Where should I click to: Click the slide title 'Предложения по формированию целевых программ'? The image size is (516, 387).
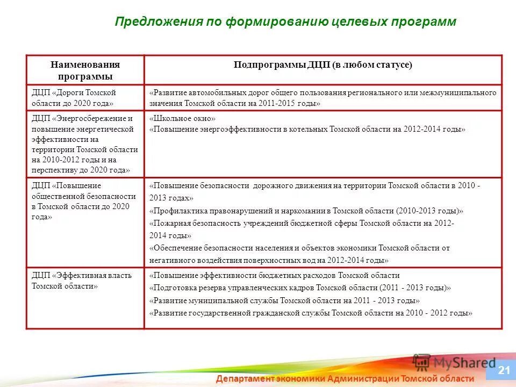pyautogui.click(x=285, y=21)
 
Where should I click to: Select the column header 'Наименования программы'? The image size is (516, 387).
pyautogui.click(x=85, y=70)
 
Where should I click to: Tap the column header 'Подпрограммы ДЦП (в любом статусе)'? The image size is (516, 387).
pyautogui.click(x=322, y=64)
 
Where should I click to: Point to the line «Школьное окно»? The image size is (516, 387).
pyautogui.click(x=183, y=118)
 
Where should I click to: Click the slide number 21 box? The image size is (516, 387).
pyautogui.click(x=504, y=370)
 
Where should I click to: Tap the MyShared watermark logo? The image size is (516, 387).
pyautogui.click(x=454, y=362)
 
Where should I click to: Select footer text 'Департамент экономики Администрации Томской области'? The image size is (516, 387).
pyautogui.click(x=345, y=378)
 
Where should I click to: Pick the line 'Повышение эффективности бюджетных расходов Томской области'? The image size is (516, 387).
pyautogui.click(x=274, y=275)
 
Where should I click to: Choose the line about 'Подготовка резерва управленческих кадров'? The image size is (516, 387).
pyautogui.click(x=300, y=288)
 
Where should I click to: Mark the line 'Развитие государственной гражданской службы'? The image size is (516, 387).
pyautogui.click(x=311, y=313)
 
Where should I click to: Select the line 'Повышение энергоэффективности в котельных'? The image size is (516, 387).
pyautogui.click(x=307, y=130)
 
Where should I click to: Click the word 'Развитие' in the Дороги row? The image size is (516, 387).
pyautogui.click(x=168, y=93)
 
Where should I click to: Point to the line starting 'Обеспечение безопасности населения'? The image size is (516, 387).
pyautogui.click(x=299, y=248)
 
